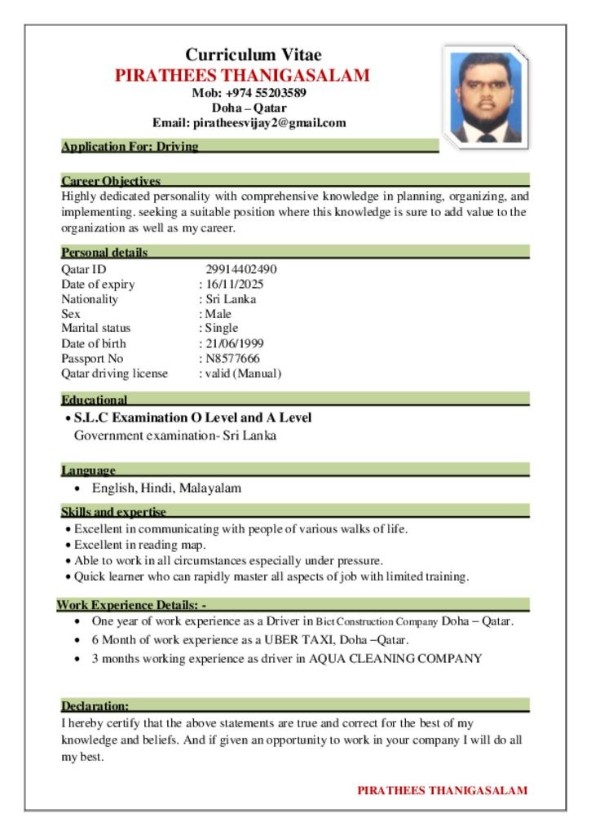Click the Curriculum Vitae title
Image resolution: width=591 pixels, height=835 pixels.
coord(254,55)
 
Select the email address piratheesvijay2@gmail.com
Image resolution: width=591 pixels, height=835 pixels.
coord(269,123)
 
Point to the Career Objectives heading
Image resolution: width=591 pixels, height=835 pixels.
coord(111,180)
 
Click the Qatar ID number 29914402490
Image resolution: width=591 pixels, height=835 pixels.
coord(241,270)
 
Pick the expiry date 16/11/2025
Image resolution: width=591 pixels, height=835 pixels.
coord(234,285)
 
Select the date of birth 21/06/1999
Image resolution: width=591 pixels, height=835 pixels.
coord(234,343)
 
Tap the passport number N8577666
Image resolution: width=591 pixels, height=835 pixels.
coord(232,358)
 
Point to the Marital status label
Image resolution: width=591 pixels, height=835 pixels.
coord(96,329)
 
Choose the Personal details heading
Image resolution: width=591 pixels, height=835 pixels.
coord(104,253)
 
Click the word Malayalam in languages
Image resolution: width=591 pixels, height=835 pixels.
coord(210,488)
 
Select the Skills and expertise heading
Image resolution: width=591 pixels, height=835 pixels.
coord(113,512)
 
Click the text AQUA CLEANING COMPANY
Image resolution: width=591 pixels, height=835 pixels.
coord(395,658)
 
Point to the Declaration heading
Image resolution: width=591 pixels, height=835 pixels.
coord(95,705)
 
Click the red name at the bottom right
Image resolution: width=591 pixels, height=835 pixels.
coord(442,790)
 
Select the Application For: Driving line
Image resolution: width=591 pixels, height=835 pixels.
coord(130,147)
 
